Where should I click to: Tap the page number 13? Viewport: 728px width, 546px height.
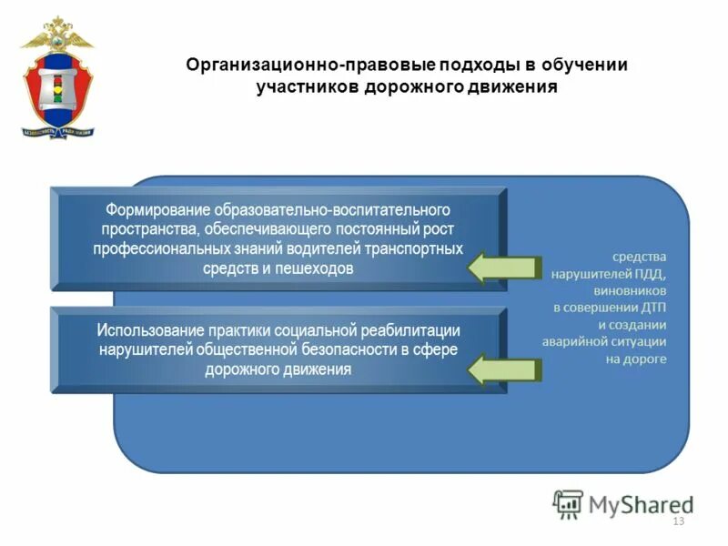point(677,521)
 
